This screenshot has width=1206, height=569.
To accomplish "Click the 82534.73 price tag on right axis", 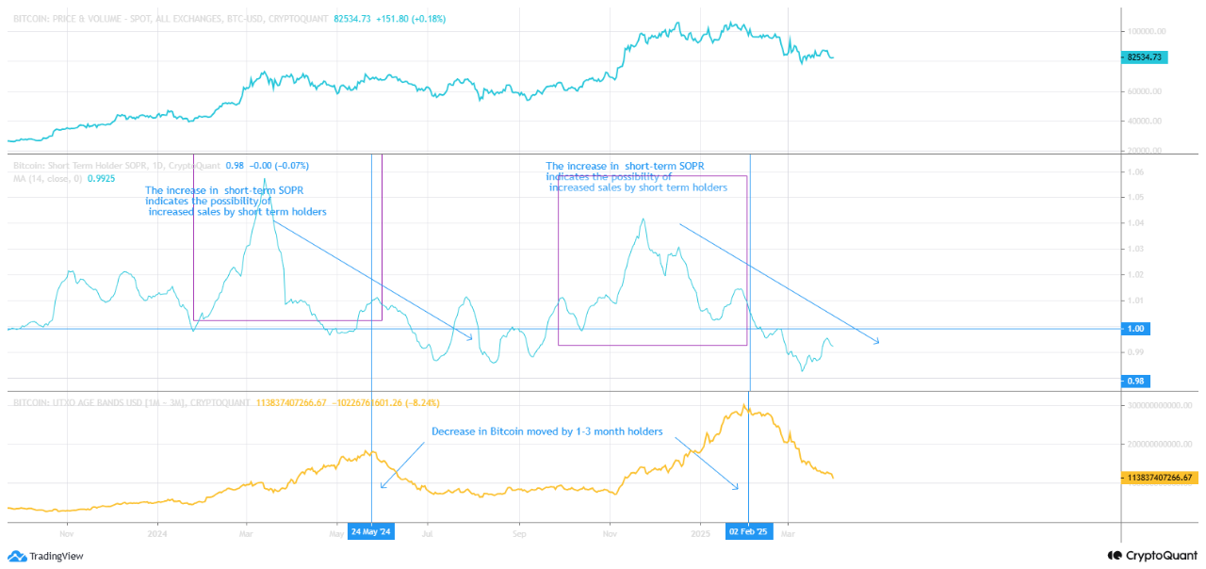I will coord(1145,57).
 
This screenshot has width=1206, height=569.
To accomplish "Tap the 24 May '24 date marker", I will coord(371,531).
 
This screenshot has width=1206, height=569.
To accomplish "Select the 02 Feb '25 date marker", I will coord(749,531).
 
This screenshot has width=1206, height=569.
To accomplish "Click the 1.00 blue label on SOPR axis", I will coord(1137,329).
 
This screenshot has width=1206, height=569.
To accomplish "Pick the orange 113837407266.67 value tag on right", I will coord(1160,478).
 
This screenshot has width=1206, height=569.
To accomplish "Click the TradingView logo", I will coord(47,556).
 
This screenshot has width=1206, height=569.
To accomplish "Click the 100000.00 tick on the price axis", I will coord(1147,31).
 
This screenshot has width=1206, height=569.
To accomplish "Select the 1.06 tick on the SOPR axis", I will coord(1135,172).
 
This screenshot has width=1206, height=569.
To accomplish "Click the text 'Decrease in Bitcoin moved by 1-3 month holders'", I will coord(547,431).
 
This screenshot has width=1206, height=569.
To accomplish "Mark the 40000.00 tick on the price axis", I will coord(1145,122).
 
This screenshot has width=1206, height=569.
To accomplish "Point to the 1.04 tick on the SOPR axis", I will coord(1135,223).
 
